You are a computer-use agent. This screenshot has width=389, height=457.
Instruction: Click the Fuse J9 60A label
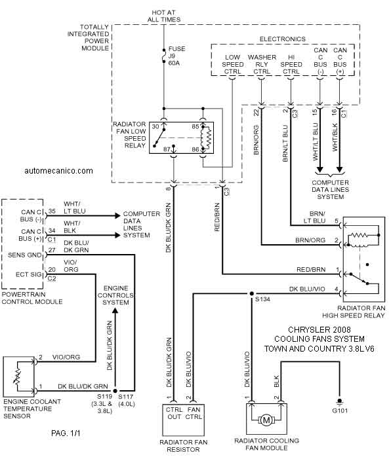point(176,56)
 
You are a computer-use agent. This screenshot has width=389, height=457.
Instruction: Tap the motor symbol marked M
point(266,420)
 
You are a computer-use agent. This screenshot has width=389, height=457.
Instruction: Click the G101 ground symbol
point(339,402)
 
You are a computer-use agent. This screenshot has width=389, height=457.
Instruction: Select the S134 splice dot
point(251,294)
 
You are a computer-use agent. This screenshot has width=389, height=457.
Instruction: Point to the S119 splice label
point(104,397)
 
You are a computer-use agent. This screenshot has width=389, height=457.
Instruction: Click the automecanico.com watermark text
point(58,171)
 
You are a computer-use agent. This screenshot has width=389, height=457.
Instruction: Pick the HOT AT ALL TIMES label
point(164,16)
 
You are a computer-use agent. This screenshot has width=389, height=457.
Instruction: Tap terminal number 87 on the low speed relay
point(167,149)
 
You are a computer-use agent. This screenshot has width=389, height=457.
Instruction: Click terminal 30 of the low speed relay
point(155,126)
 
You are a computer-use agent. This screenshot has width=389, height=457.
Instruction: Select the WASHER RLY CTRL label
point(262,64)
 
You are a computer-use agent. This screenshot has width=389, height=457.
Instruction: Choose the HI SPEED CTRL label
point(291,64)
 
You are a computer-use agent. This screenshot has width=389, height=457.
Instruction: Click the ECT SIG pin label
point(29,274)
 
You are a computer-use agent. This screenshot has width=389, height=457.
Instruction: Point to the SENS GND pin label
point(24,255)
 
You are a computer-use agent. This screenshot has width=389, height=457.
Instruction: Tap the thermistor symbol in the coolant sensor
point(18,376)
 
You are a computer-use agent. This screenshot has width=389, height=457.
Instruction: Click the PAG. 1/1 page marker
point(66,433)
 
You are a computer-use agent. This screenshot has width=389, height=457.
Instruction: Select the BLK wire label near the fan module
point(277,381)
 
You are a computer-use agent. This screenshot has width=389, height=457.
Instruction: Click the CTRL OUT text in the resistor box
point(174,413)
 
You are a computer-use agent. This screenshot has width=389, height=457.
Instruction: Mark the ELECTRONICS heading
point(283,39)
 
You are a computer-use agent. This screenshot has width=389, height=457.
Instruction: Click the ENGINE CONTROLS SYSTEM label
point(115,295)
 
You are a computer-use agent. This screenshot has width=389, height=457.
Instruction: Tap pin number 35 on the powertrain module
point(52,211)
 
